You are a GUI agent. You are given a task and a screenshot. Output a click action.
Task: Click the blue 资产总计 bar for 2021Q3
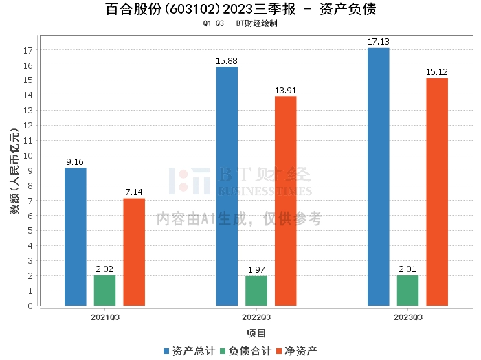(x=76, y=237)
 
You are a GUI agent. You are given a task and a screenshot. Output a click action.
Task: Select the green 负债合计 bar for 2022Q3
(x=256, y=291)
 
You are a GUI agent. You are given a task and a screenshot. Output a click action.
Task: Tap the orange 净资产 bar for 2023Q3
(x=437, y=192)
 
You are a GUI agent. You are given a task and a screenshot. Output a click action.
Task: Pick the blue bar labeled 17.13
(x=378, y=177)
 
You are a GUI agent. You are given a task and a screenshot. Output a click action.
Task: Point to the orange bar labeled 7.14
(x=134, y=252)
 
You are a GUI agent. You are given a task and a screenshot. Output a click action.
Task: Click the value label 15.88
(x=226, y=61)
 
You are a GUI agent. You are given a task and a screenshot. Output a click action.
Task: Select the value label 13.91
(x=286, y=91)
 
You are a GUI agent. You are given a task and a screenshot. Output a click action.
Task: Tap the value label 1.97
(x=256, y=270)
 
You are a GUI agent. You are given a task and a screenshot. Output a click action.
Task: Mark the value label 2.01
(x=407, y=269)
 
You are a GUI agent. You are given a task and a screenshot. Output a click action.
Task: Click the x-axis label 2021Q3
(x=105, y=317)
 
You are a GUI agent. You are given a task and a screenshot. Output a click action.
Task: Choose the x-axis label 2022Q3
(x=256, y=317)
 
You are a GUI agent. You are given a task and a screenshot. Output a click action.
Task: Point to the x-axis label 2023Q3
(x=408, y=317)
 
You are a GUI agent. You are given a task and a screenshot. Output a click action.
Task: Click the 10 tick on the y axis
(x=28, y=155)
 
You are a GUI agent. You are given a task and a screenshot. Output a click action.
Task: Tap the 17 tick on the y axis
(x=28, y=50)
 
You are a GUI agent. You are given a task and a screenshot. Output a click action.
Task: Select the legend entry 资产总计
(x=189, y=351)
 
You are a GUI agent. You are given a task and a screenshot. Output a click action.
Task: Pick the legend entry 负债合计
(x=246, y=351)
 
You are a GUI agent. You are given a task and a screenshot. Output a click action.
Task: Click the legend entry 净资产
(x=297, y=351)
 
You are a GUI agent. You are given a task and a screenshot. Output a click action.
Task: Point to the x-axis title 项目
(x=256, y=333)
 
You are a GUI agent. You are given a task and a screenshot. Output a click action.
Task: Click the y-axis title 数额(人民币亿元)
(x=14, y=171)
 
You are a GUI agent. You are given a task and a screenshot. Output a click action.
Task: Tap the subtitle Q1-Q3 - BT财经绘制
(x=240, y=23)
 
